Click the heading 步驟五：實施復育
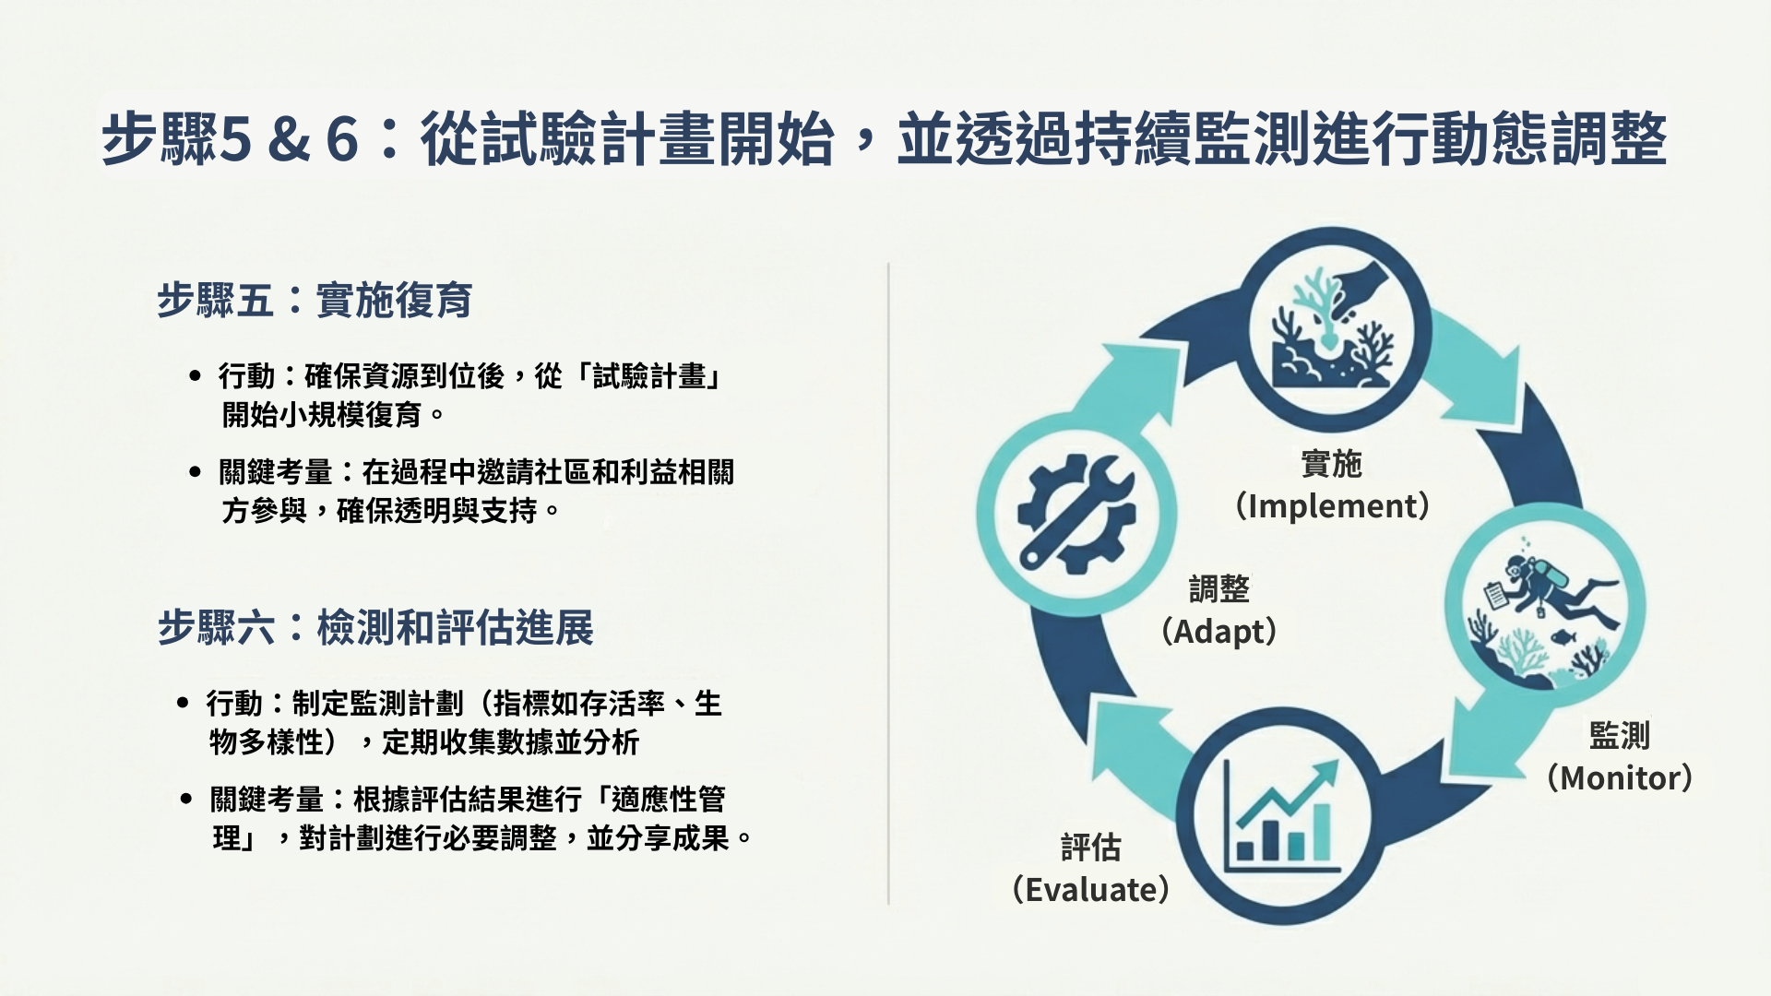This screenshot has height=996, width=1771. [x=315, y=300]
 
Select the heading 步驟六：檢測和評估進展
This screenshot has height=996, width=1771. [x=375, y=628]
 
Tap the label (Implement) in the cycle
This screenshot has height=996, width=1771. [x=1332, y=505]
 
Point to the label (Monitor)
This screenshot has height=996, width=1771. [x=1620, y=777]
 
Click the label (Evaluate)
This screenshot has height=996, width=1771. [x=1091, y=890]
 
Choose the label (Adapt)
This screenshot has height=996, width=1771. [x=1219, y=632]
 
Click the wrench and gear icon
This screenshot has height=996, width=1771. [x=1076, y=514]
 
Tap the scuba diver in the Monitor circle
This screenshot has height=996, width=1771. [x=1559, y=590]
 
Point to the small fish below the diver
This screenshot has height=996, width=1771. [x=1563, y=637]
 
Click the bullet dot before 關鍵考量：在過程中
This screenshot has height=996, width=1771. [x=195, y=472]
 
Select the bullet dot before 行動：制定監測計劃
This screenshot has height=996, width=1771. [x=183, y=704]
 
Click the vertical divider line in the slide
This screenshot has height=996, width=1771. [x=888, y=584]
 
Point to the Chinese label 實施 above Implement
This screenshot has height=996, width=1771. [x=1332, y=464]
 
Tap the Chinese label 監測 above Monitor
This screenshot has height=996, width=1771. [x=1620, y=736]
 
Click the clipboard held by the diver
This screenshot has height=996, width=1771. [x=1495, y=595]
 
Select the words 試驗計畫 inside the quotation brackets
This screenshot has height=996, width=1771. [x=648, y=376]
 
